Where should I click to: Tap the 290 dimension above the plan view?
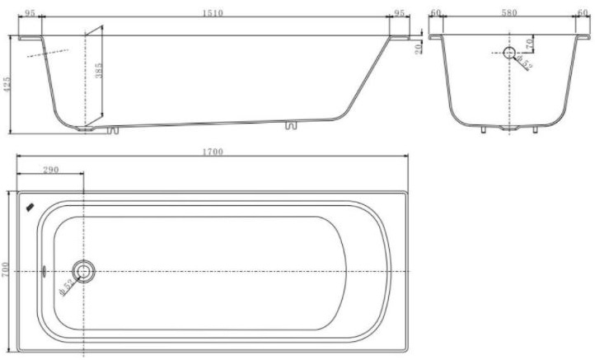click(50, 170)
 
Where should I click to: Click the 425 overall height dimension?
click(7, 84)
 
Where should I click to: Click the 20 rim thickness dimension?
click(419, 48)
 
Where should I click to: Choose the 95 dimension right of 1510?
click(401, 13)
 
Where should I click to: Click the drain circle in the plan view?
click(83, 270)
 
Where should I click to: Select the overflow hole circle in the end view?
click(509, 53)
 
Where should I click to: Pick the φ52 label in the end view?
click(525, 63)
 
